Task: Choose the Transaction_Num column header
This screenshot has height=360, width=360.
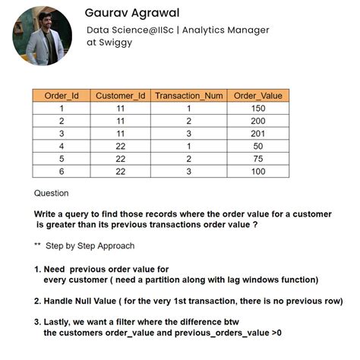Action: tap(188, 96)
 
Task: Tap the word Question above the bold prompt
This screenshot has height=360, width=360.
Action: tap(51, 193)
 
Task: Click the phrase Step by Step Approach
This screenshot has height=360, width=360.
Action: tap(90, 246)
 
